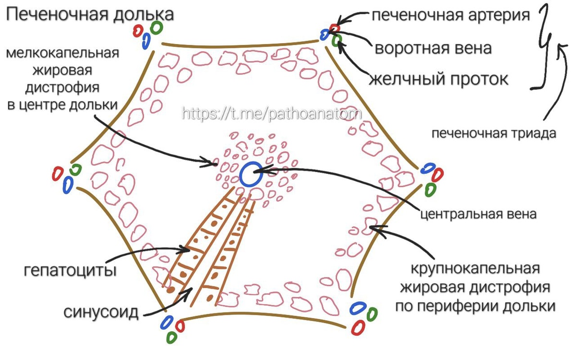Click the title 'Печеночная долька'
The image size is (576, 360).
[89, 14]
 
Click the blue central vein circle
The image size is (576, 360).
[251, 174]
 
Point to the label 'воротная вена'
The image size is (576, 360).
[433, 48]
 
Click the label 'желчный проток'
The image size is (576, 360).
[438, 79]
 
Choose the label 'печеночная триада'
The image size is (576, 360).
[493, 133]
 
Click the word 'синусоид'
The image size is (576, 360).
[101, 312]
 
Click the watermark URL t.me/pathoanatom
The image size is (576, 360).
[271, 114]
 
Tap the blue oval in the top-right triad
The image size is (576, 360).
[325, 35]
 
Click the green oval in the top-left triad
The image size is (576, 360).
[156, 27]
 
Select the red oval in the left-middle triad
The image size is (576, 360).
[58, 173]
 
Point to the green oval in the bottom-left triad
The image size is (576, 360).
[171, 337]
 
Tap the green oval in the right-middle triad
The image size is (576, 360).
[431, 189]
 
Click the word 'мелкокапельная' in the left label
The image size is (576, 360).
[62, 52]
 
